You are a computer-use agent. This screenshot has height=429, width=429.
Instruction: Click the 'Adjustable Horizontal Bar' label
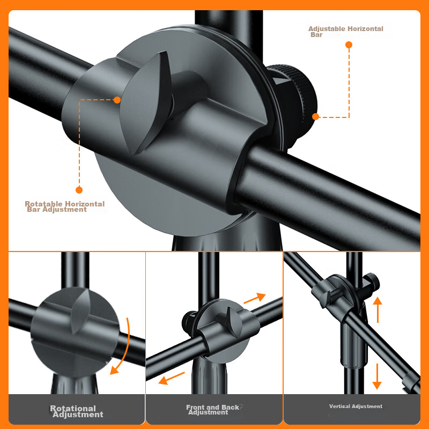345,32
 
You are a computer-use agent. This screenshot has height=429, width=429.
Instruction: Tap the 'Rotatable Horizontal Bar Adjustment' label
64,206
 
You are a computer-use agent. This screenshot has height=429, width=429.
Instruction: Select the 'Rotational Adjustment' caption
76,411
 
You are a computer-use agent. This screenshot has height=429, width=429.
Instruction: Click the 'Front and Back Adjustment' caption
212,410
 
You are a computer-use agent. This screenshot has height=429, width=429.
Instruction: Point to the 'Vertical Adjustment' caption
356,406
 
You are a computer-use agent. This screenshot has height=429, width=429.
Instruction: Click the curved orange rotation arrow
127,347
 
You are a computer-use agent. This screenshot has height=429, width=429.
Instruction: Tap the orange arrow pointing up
378,310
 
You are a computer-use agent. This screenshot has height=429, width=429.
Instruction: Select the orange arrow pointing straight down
377,376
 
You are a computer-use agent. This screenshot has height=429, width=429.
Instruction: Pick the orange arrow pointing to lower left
172,378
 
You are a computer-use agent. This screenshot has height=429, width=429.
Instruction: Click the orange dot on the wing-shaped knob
117,100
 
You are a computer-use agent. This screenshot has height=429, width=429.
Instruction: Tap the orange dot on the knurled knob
315,117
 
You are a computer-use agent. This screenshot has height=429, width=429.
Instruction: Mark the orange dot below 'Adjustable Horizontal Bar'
349,45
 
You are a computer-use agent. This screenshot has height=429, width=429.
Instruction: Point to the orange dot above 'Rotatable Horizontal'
79,190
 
